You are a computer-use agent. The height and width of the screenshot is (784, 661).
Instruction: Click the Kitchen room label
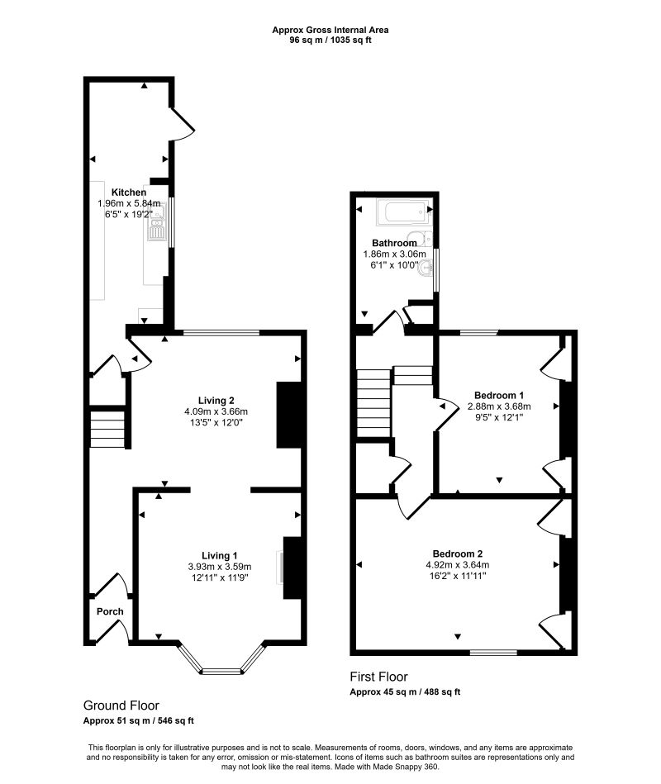coord(129,192)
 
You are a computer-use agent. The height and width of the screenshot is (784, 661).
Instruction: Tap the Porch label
coord(110,612)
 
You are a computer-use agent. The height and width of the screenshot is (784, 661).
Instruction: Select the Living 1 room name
coord(221,555)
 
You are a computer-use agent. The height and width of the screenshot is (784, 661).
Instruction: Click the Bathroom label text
coord(394,243)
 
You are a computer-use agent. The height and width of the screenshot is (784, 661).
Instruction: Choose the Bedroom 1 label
coord(499,395)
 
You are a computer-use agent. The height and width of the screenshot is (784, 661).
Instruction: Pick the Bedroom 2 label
coord(457,554)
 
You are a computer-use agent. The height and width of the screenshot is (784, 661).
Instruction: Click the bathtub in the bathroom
coord(402,214)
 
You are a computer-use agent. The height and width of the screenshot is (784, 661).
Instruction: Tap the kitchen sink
coord(156,226)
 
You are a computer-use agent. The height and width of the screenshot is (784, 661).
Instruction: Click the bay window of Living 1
coord(222,668)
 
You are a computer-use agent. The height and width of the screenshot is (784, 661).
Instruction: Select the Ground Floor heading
coord(121,706)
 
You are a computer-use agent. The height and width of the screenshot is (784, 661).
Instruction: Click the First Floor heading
coord(378,677)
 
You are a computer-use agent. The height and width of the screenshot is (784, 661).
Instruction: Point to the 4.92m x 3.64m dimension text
coord(457,565)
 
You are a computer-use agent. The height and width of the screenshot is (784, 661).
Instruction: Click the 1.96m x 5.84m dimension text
coord(129,203)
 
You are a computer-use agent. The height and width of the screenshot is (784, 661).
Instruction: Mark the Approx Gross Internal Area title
coord(330,30)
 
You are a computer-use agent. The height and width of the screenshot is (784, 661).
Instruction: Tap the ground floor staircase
coord(106,429)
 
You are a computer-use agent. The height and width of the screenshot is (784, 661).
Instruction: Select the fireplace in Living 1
coord(291,568)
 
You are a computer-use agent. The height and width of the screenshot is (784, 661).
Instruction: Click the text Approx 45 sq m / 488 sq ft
coord(405,692)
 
